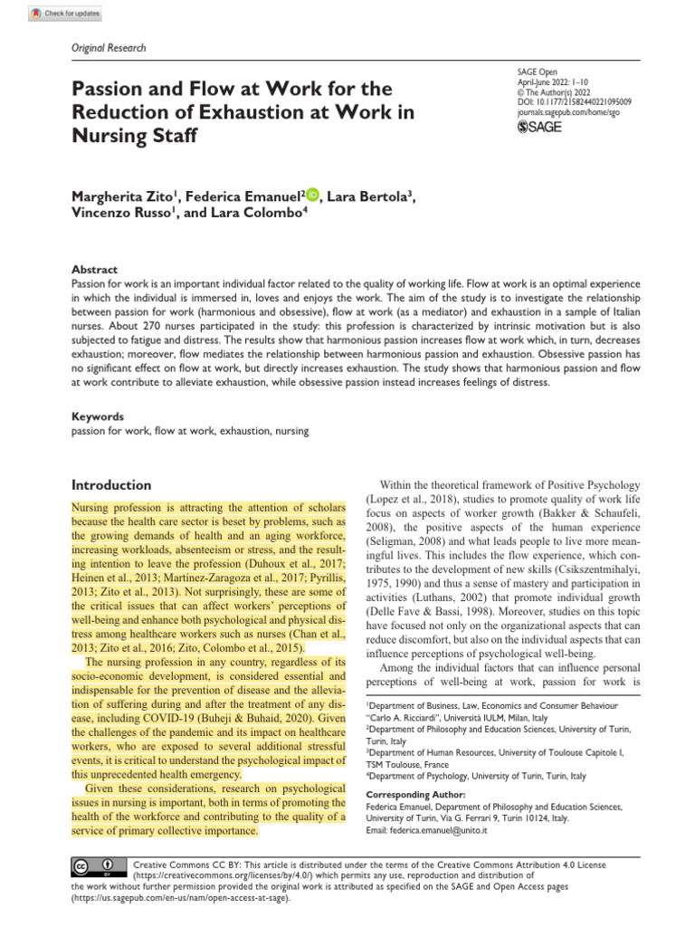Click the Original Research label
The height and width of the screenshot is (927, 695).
pyautogui.click(x=107, y=48)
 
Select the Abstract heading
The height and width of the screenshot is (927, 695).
pyautogui.click(x=94, y=270)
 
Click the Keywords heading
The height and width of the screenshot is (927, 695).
pyautogui.click(x=97, y=417)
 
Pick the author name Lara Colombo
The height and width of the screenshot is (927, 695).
pyautogui.click(x=262, y=215)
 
